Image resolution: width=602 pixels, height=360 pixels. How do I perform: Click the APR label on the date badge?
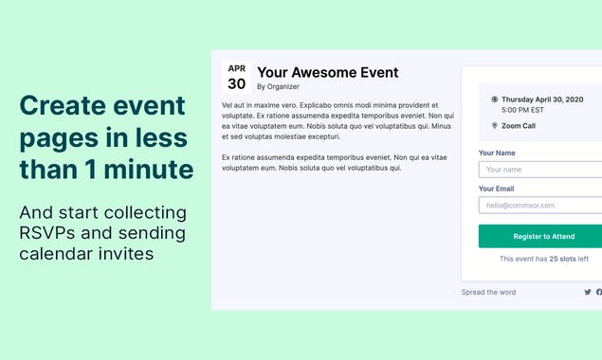237,69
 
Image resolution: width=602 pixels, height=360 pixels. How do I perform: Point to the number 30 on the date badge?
237,83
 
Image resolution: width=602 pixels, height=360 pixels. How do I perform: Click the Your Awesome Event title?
327,72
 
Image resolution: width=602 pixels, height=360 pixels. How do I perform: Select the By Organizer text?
277,86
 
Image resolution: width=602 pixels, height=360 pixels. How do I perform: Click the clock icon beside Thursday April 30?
495,99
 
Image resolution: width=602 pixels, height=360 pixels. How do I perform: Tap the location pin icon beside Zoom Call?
495,125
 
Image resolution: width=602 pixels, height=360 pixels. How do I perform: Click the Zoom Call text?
518,125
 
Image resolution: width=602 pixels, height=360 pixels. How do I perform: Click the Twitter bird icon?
588,292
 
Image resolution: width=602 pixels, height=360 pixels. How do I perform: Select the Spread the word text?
488,292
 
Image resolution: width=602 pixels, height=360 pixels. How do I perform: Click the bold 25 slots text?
562,259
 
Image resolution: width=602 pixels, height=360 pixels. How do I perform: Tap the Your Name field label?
497,153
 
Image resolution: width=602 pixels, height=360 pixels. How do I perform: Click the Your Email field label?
497,188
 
